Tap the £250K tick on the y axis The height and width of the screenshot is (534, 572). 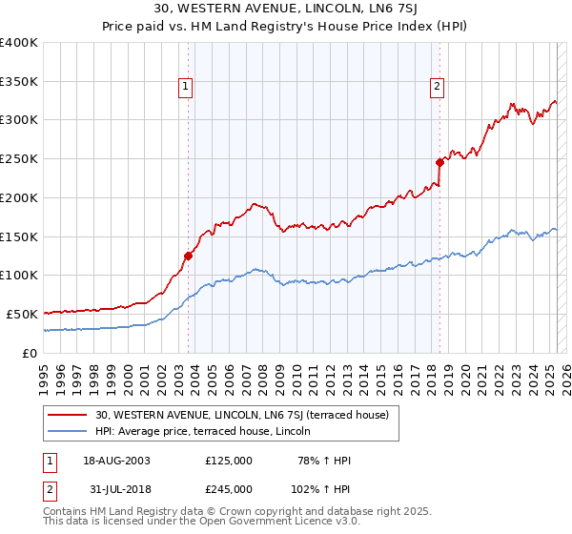19,158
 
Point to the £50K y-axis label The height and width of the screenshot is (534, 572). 21,314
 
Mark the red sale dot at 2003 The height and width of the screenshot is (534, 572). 189,256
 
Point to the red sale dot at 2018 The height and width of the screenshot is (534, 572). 440,162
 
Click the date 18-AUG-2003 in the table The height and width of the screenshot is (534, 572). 115,461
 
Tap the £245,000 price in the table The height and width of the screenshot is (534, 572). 229,489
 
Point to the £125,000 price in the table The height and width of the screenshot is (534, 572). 229,461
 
